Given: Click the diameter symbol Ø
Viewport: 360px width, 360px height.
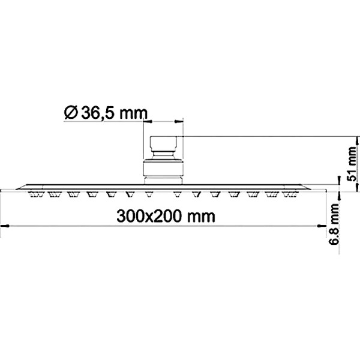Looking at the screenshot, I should click(69, 112).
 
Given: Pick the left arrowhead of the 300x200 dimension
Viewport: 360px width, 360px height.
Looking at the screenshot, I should click(6, 226).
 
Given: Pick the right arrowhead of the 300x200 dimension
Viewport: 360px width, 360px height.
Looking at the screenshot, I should click(319, 226).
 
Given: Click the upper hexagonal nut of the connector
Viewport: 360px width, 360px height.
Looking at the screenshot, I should click(163, 145).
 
